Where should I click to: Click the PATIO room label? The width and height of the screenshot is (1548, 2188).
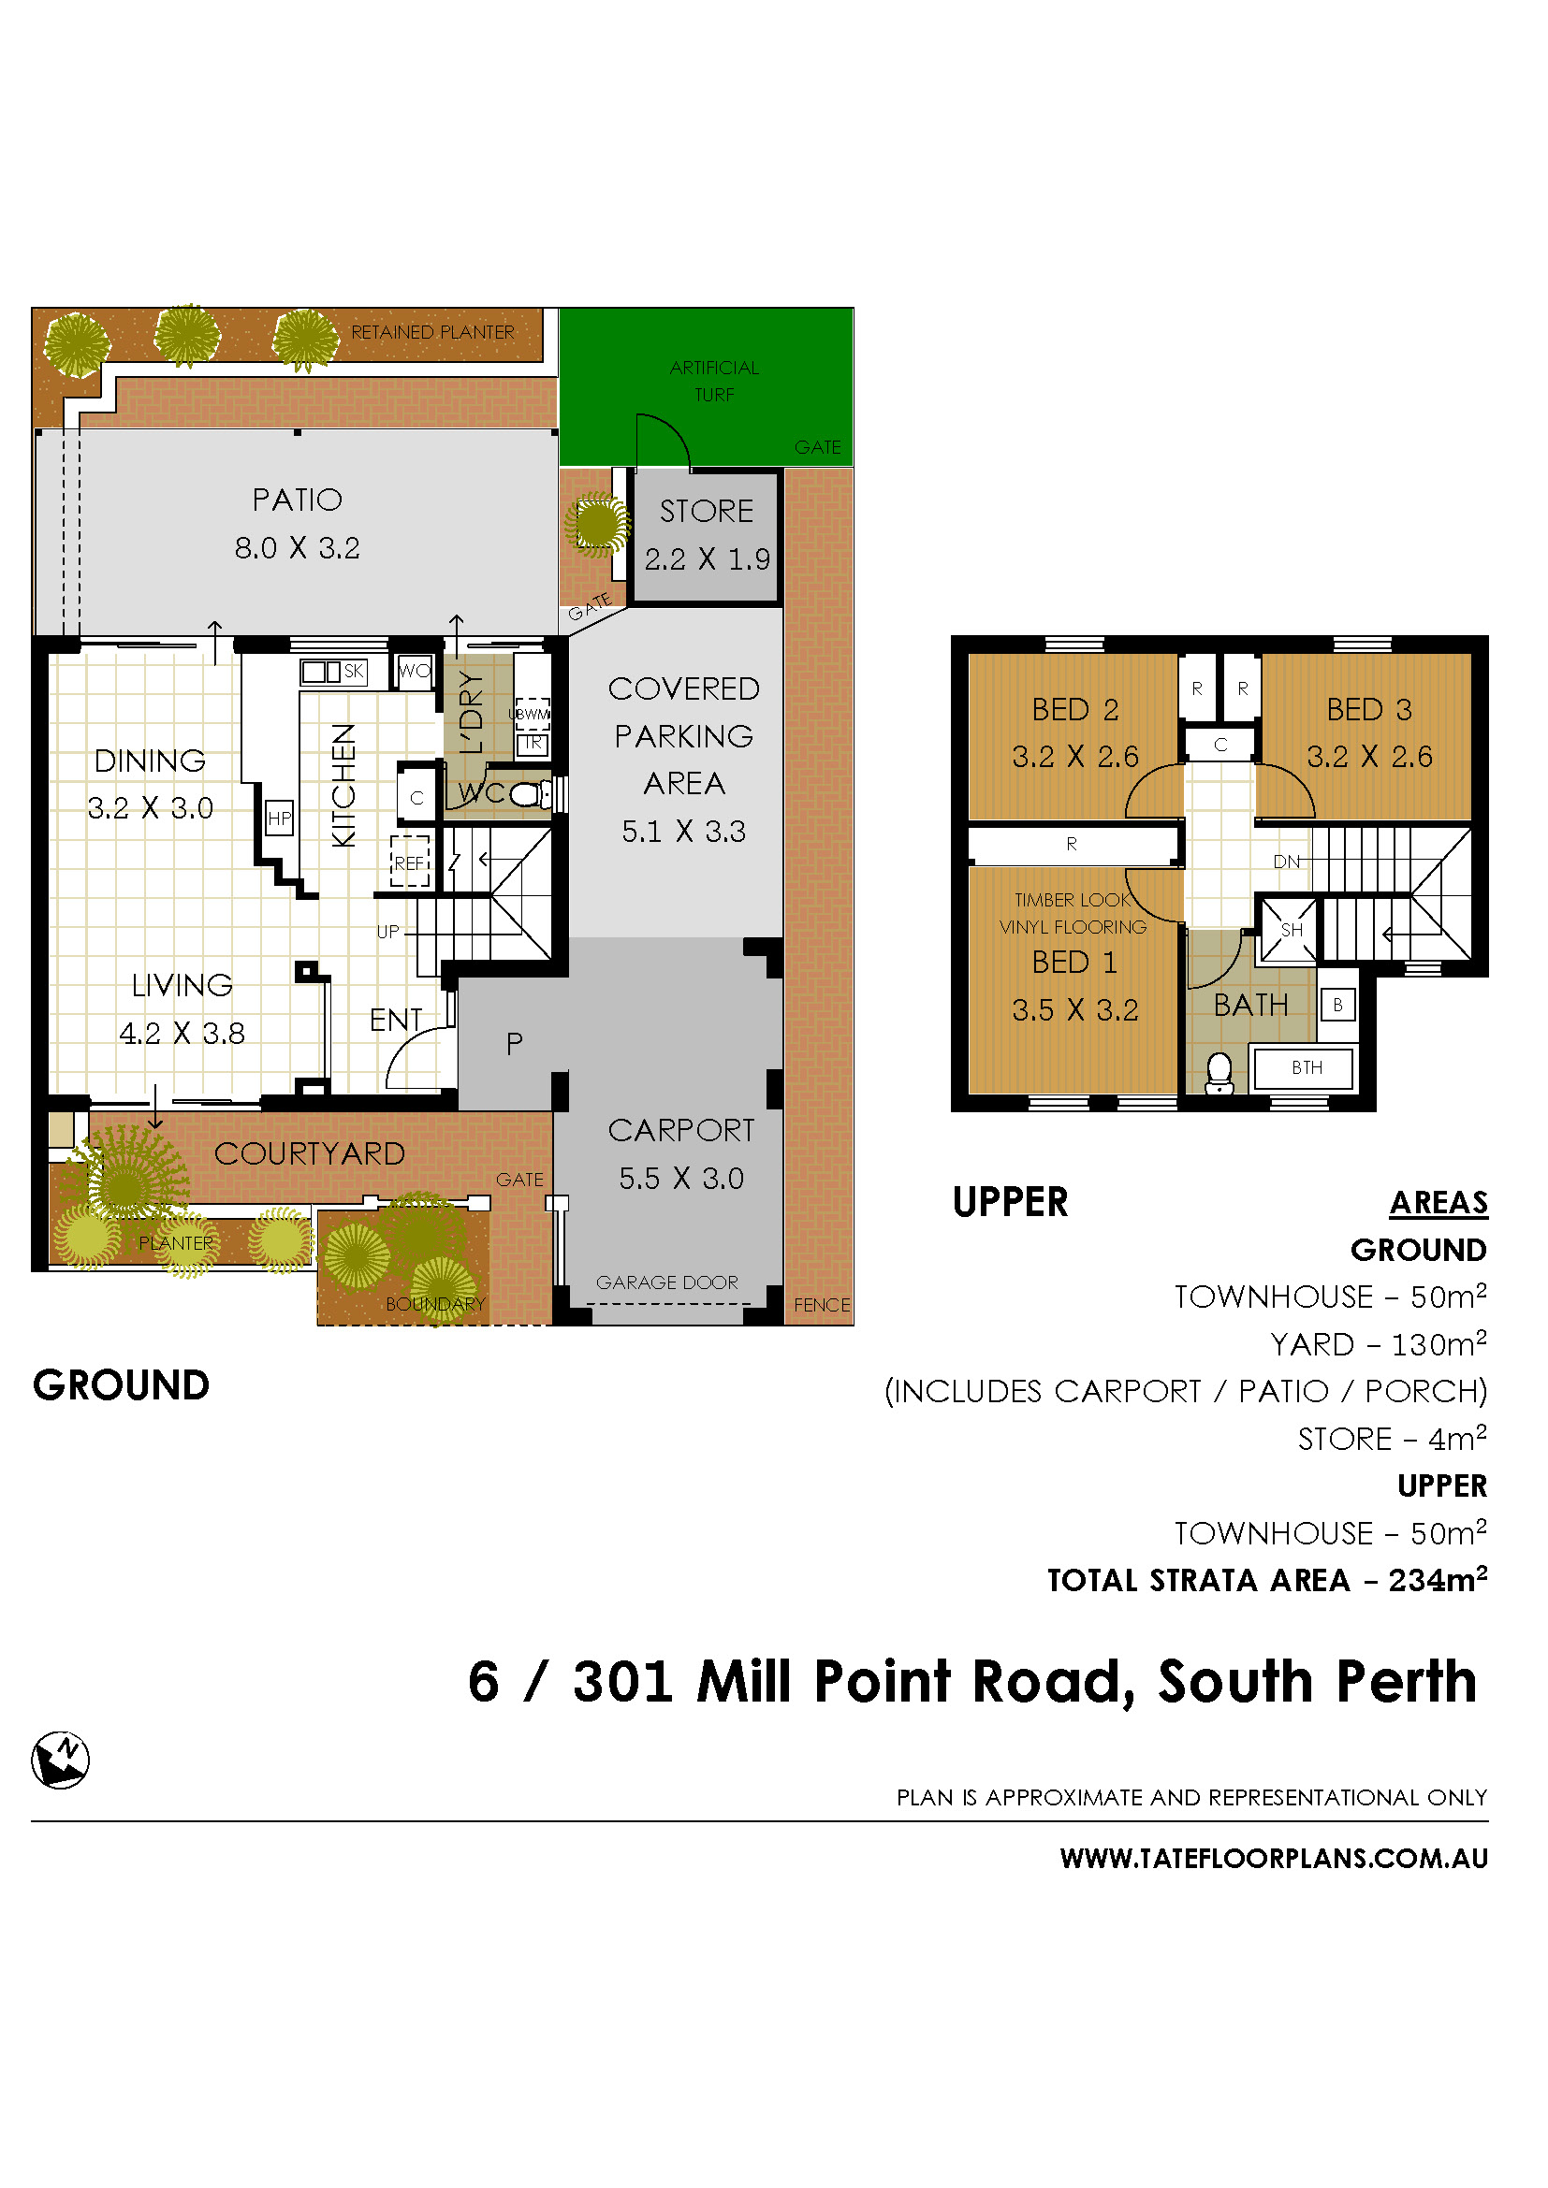pyautogui.click(x=297, y=500)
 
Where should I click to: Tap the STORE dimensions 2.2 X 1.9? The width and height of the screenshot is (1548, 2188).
pyautogui.click(x=707, y=559)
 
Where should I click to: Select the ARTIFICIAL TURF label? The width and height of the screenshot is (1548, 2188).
pyautogui.click(x=714, y=380)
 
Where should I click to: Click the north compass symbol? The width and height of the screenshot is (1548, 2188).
pyautogui.click(x=60, y=1760)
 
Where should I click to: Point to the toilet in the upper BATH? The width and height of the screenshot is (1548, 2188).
pyautogui.click(x=1219, y=1072)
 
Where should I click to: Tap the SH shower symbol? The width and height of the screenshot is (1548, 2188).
pyautogui.click(x=1290, y=930)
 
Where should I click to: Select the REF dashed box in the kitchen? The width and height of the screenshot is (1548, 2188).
pyautogui.click(x=409, y=862)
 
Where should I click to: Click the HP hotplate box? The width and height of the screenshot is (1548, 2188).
pyautogui.click(x=279, y=818)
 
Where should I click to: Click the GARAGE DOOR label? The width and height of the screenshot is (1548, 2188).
pyautogui.click(x=666, y=1282)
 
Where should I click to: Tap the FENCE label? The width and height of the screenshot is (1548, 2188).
pyautogui.click(x=821, y=1305)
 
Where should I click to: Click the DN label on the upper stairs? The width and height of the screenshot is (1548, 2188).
pyautogui.click(x=1286, y=862)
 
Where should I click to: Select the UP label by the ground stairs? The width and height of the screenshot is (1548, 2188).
pyautogui.click(x=387, y=931)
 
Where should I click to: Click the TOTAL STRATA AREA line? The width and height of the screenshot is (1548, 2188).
pyautogui.click(x=1267, y=1580)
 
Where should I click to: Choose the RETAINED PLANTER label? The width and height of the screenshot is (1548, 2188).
pyautogui.click(x=431, y=332)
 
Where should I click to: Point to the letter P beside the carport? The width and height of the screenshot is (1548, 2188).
pyautogui.click(x=514, y=1044)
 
